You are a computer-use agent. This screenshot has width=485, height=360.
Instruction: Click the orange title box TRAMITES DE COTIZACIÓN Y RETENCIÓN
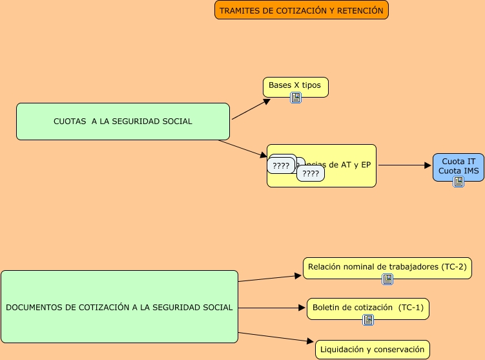coord(301,10)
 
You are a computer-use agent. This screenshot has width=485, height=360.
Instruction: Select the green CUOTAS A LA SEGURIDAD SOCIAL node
coord(123,121)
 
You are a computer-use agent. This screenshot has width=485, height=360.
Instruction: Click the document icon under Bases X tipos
coord(296,98)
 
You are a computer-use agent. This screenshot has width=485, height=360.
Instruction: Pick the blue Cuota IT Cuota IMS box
coord(458,165)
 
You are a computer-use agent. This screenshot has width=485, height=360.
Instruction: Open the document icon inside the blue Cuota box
coord(459,182)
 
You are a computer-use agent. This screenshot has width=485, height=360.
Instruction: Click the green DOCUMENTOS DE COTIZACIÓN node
coord(119,307)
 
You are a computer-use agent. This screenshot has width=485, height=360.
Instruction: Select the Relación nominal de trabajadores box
coord(387,267)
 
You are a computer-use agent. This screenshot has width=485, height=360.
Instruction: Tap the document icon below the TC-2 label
coord(387,279)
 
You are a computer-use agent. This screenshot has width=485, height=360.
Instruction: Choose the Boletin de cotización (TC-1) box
coord(367,308)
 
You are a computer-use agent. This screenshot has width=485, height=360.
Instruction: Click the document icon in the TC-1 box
coord(368,319)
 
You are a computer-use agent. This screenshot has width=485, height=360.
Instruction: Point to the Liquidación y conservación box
coord(373,350)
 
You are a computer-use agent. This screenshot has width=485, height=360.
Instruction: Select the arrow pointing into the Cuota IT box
coord(405,165)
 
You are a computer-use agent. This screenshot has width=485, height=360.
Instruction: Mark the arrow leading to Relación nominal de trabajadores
coord(270,278)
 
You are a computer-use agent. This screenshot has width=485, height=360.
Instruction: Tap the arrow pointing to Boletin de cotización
coord(271,308)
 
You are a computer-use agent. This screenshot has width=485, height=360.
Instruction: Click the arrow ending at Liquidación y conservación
coord(276,337)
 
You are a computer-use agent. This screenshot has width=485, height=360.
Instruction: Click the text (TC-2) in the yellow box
coord(454,266)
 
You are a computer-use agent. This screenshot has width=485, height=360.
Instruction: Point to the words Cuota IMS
coord(458,170)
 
